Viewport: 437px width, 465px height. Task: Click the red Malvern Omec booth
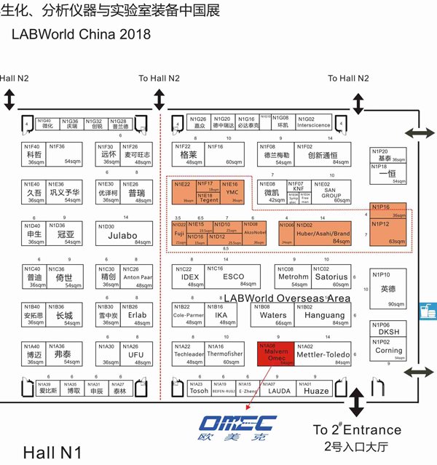[x=276, y=354]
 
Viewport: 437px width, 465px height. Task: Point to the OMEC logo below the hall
[x=237, y=426]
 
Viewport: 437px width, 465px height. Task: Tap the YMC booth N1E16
[x=231, y=191]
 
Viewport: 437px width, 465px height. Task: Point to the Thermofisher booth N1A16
[x=222, y=354]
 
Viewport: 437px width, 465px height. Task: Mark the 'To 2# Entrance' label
[x=357, y=429]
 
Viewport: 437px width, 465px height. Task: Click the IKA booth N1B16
[x=222, y=314]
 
